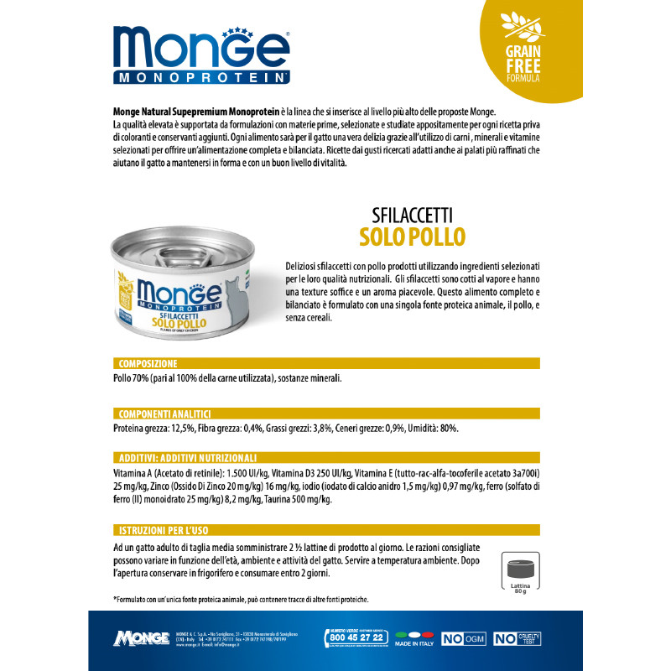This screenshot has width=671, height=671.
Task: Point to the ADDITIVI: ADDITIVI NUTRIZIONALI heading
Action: click(186, 457)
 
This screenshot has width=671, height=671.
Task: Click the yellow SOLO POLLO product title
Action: click(412, 236)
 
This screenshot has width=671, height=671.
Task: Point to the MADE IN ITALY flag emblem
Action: click(412, 635)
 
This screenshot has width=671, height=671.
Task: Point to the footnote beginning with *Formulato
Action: click(240, 599)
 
